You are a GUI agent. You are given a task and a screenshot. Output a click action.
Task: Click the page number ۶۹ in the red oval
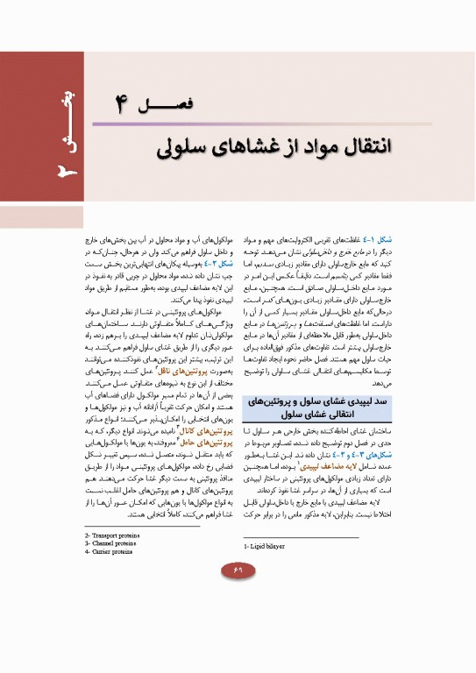[x=238, y=571]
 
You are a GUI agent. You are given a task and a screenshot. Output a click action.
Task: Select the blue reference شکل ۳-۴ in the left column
[x=220, y=264]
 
